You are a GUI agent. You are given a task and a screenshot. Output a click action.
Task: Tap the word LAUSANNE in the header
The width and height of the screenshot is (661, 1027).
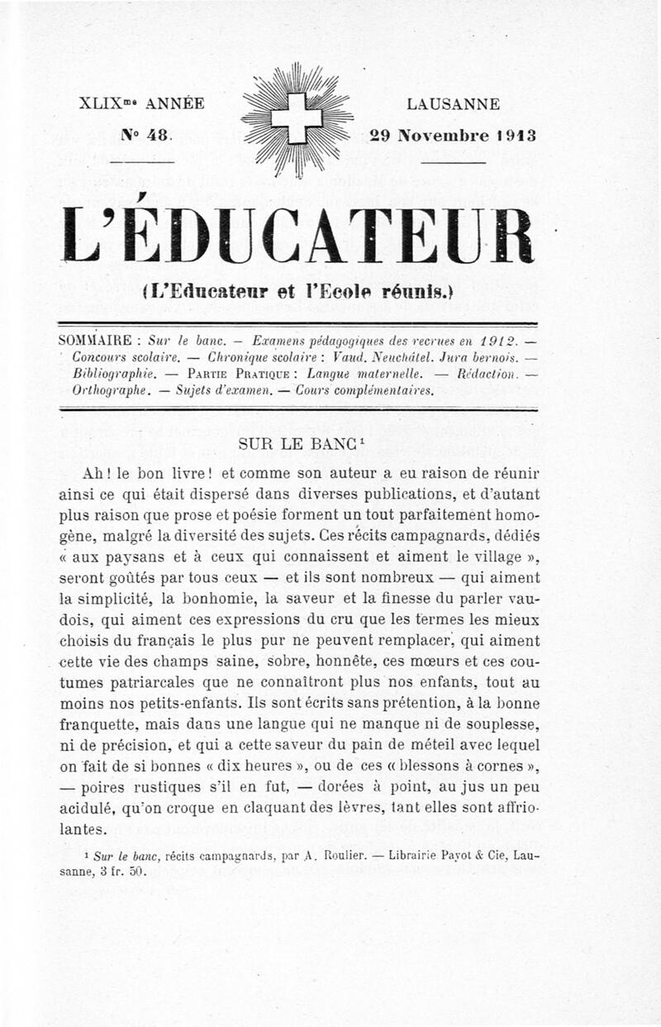coord(453,105)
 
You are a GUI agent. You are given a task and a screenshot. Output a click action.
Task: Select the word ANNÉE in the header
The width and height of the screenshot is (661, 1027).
coord(174,105)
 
